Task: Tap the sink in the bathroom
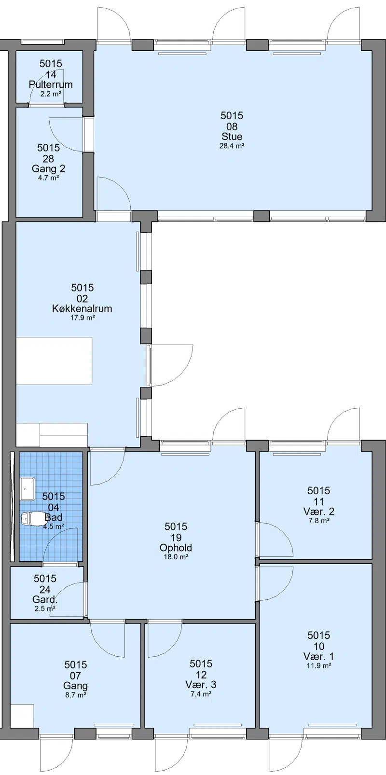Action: tap(28, 489)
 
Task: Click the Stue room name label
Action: tap(232, 136)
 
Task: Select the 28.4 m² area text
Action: tap(232, 146)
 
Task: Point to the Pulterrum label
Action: tap(51, 85)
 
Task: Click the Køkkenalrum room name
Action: tap(83, 309)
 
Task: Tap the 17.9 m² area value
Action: tap(83, 318)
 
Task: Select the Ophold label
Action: tap(176, 548)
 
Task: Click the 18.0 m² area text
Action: tap(176, 557)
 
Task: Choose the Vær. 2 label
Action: tap(319, 512)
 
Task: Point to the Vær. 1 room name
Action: tap(319, 656)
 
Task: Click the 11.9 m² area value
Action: tap(319, 665)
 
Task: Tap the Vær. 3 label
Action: tap(201, 684)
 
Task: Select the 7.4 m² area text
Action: tap(201, 694)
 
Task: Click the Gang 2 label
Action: tap(48, 169)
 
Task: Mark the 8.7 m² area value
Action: tap(75, 695)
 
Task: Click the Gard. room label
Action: tap(45, 599)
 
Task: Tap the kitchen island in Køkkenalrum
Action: tap(54, 361)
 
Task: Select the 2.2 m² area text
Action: tap(51, 94)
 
